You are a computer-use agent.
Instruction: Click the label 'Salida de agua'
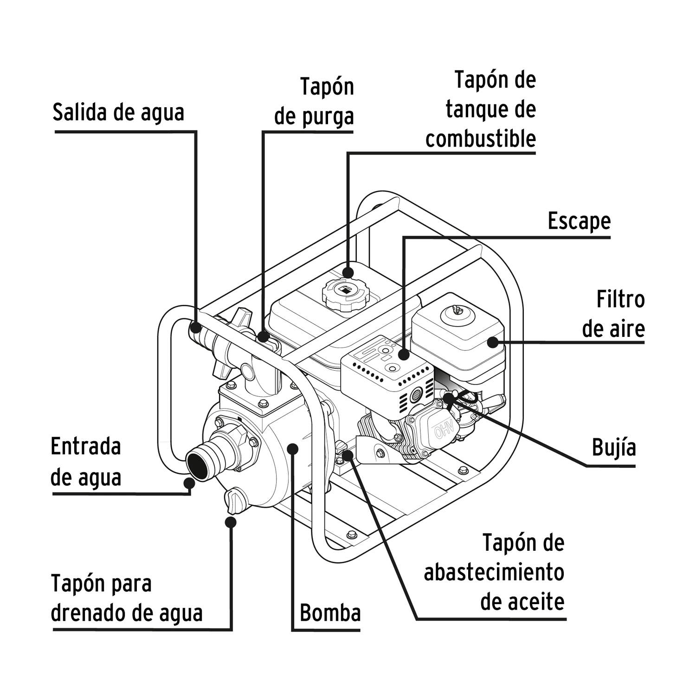point(118,112)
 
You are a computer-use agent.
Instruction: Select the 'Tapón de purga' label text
point(314,101)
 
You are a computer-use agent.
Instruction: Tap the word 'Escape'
point(579,221)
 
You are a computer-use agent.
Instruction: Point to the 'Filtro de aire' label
point(613,314)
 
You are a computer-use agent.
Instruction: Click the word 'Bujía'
point(613,447)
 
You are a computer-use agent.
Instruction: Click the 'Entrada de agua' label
point(86,462)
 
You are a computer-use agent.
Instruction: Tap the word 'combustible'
point(481,139)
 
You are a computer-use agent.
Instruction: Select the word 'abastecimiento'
point(494,572)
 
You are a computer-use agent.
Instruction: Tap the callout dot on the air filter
point(492,342)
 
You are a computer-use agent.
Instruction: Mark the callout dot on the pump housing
point(292,448)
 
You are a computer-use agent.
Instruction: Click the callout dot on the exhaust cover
point(404,355)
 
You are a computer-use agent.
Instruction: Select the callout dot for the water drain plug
point(231,522)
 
